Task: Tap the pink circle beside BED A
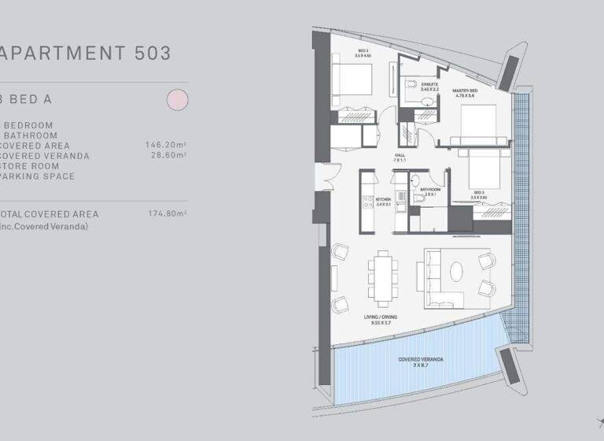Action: click(x=177, y=99)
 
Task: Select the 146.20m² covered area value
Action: click(x=165, y=146)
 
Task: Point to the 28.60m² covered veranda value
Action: click(x=168, y=156)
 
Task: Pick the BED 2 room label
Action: click(x=363, y=54)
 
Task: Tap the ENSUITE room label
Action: click(x=429, y=84)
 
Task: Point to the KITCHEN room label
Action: click(x=384, y=201)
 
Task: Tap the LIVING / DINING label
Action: click(x=381, y=318)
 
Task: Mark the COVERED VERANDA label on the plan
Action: click(x=421, y=361)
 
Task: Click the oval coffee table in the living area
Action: click(x=457, y=272)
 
